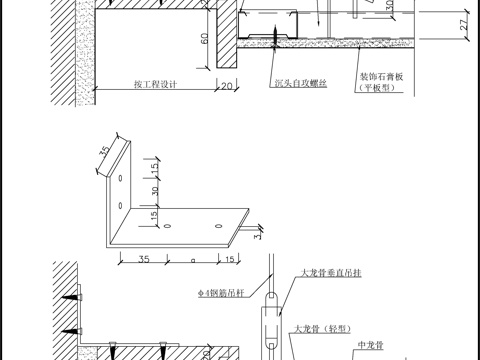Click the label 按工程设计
point(155,85)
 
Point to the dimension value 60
point(202,39)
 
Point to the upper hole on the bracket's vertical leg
point(119,178)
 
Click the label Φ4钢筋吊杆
point(225,294)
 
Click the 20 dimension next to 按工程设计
point(225,85)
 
